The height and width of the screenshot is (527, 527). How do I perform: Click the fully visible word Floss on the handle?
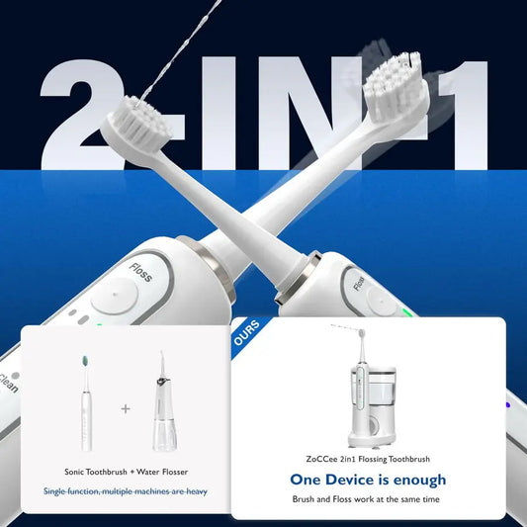tap(140, 272)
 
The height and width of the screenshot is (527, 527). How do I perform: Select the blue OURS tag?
tap(246, 333)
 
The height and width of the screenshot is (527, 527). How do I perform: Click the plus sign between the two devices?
tap(125, 406)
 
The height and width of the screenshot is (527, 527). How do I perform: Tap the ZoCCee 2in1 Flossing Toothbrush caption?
tap(368, 458)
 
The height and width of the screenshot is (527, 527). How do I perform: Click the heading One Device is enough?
tap(368, 480)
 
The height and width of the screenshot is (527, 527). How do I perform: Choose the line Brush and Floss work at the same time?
tap(368, 499)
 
